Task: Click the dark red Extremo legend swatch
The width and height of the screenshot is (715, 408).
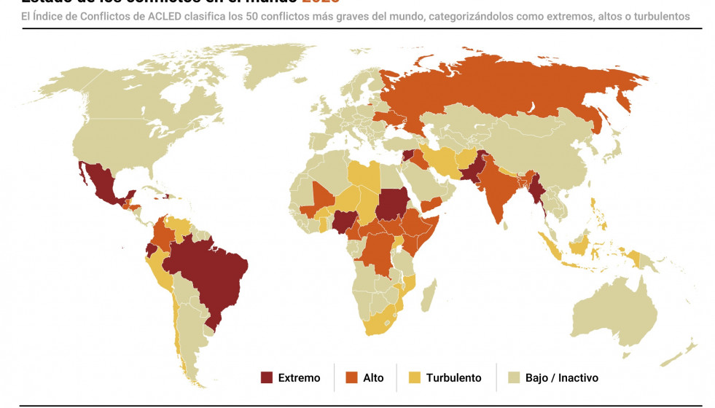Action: click(267, 377)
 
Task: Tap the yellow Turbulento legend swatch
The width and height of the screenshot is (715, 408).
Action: click(415, 377)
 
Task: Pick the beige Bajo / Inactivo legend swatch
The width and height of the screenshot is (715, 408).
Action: click(514, 377)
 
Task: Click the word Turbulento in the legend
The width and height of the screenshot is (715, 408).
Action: click(453, 377)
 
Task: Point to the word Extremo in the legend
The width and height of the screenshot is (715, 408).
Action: click(299, 377)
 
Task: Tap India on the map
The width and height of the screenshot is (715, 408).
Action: click(499, 193)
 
